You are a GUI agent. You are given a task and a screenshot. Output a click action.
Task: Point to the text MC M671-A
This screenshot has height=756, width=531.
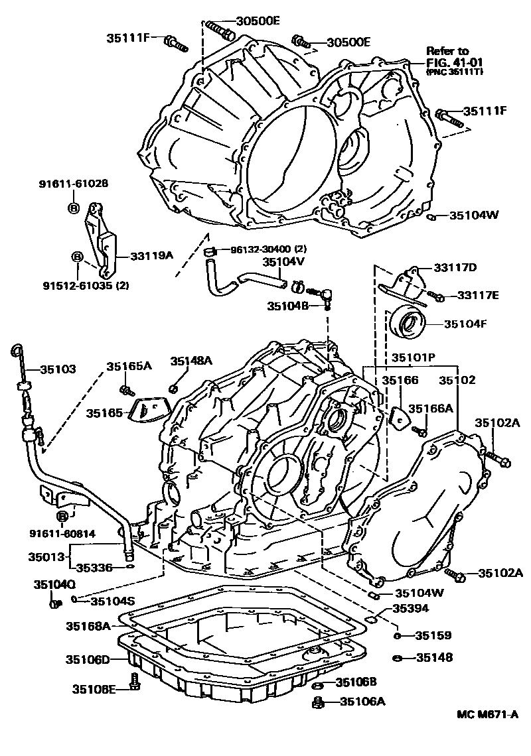pyautogui.click(x=487, y=714)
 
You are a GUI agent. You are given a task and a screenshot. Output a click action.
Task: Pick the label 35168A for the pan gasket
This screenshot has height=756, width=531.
pyautogui.click(x=88, y=625)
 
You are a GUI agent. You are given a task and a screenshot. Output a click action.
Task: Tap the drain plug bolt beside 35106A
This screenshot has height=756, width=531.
pyautogui.click(x=319, y=701)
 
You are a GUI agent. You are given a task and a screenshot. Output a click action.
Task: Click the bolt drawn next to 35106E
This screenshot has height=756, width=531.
pyautogui.click(x=135, y=682)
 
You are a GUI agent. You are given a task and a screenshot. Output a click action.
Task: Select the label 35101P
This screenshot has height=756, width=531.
pyautogui.click(x=412, y=357)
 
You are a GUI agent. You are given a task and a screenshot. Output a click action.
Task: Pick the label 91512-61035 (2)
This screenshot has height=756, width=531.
pyautogui.click(x=86, y=286)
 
